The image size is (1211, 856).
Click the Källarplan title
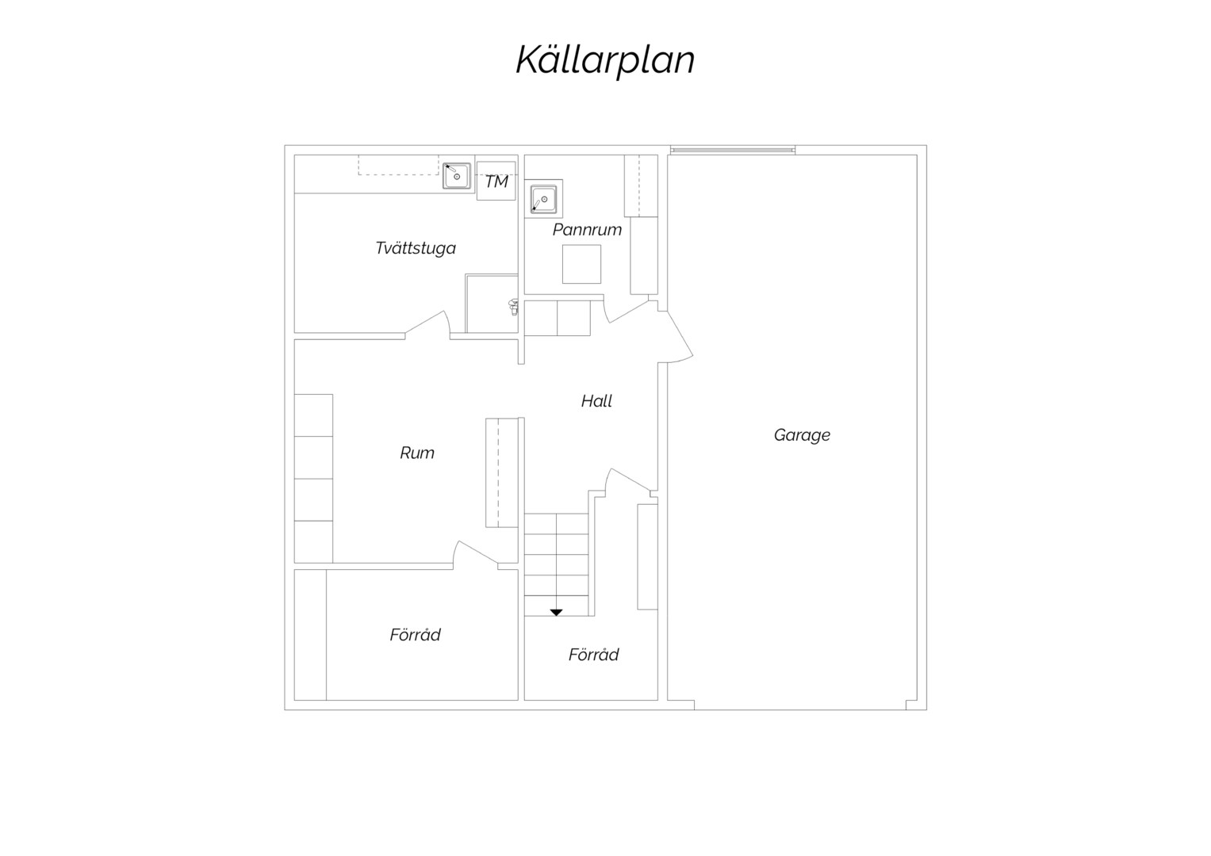click(x=605, y=60)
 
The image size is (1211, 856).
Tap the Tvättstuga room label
click(x=416, y=248)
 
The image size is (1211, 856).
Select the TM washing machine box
click(x=496, y=181)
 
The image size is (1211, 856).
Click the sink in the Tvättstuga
click(x=456, y=176)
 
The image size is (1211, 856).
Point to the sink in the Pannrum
click(x=543, y=199)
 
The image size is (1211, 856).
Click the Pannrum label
click(x=587, y=230)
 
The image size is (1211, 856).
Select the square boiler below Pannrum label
click(x=582, y=264)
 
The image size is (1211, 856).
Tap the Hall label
click(x=596, y=401)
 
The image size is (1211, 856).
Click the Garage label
click(x=802, y=435)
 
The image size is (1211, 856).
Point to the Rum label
click(x=417, y=453)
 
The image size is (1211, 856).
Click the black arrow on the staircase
click(x=556, y=612)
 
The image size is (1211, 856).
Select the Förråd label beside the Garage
click(x=593, y=655)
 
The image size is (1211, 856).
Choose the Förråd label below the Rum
click(x=415, y=634)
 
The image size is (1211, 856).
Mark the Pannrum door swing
click(x=626, y=312)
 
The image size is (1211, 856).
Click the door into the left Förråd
click(x=476, y=554)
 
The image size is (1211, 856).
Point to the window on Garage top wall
click(x=733, y=150)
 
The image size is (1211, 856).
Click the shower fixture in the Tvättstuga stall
click(x=513, y=307)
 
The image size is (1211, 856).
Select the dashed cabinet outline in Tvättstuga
click(x=398, y=165)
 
